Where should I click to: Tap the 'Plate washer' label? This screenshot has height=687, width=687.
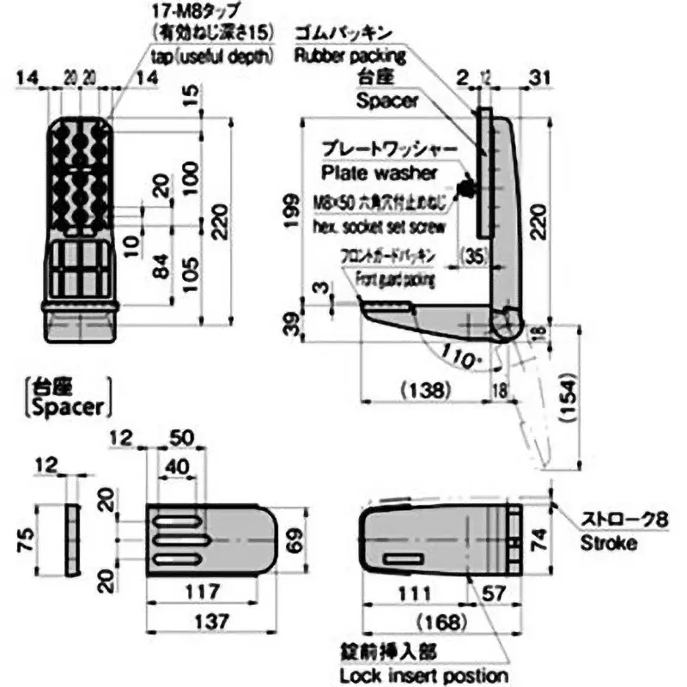379,173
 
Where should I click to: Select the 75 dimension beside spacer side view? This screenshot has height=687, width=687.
27,540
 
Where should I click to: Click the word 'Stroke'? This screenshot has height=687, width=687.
609,543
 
